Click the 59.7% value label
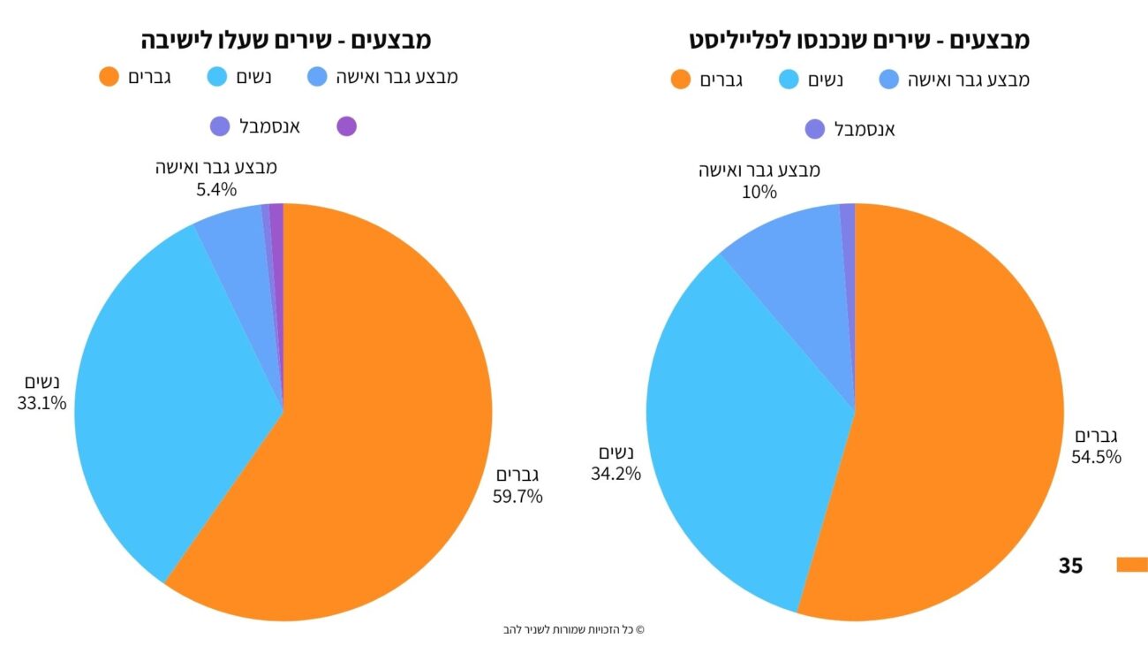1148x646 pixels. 517,496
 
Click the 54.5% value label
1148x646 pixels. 1097,457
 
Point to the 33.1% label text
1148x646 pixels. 42,403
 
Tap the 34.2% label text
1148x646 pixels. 616,473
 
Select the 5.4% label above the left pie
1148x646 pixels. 216,188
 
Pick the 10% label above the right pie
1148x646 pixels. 759,191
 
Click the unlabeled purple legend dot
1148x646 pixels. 347,126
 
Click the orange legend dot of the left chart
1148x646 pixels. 109,77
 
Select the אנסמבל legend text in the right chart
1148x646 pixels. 865,130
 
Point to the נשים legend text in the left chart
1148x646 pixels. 253,77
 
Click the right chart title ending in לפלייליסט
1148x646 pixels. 859,41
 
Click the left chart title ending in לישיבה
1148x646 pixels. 286,41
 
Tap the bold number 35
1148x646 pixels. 1070,566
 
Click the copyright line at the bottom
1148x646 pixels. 574,630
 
